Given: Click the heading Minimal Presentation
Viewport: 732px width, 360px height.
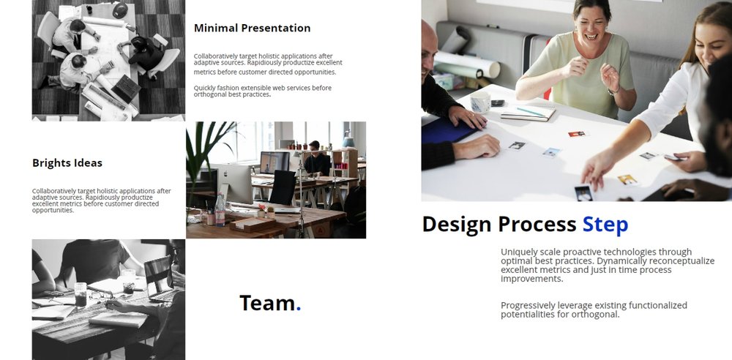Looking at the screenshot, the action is point(252,28).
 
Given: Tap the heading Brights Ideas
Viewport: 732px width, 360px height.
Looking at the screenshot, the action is point(67,163).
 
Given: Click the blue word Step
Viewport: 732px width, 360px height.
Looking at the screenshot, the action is point(605,225).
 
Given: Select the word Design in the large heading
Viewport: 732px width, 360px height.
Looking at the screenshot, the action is point(457,225).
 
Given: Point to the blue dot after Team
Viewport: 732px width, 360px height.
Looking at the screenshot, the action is point(299,308).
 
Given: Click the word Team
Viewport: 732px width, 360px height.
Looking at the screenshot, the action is point(267,303).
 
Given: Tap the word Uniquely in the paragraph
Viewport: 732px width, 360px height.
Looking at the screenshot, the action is point(518,252).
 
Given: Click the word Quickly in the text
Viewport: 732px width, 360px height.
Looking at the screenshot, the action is point(204,88).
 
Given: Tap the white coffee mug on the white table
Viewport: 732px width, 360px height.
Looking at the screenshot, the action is point(480,101).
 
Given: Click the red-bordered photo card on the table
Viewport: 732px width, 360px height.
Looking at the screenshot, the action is point(577,134).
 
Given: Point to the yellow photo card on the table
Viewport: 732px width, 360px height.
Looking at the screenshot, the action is point(627,180).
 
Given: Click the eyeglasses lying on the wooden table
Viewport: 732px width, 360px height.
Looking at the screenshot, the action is point(101,295).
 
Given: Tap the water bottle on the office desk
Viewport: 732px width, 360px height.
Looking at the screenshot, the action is point(220,209).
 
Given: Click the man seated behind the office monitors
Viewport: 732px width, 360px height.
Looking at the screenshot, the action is point(317,159).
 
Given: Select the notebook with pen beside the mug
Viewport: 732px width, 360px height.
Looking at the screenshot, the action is point(529,113).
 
